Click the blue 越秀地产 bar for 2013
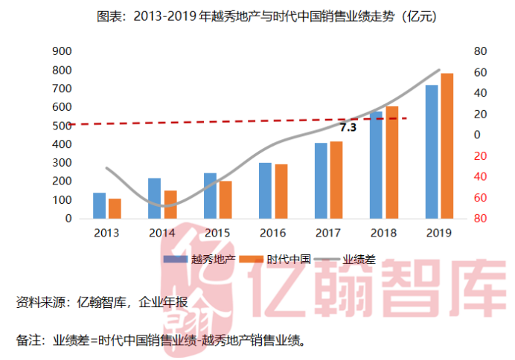[99, 206]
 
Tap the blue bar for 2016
[265, 190]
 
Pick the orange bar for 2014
[170, 205]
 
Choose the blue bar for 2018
[377, 165]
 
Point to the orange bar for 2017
[336, 180]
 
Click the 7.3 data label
[348, 127]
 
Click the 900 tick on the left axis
[62, 51]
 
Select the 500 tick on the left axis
[62, 126]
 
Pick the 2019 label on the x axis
[438, 233]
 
